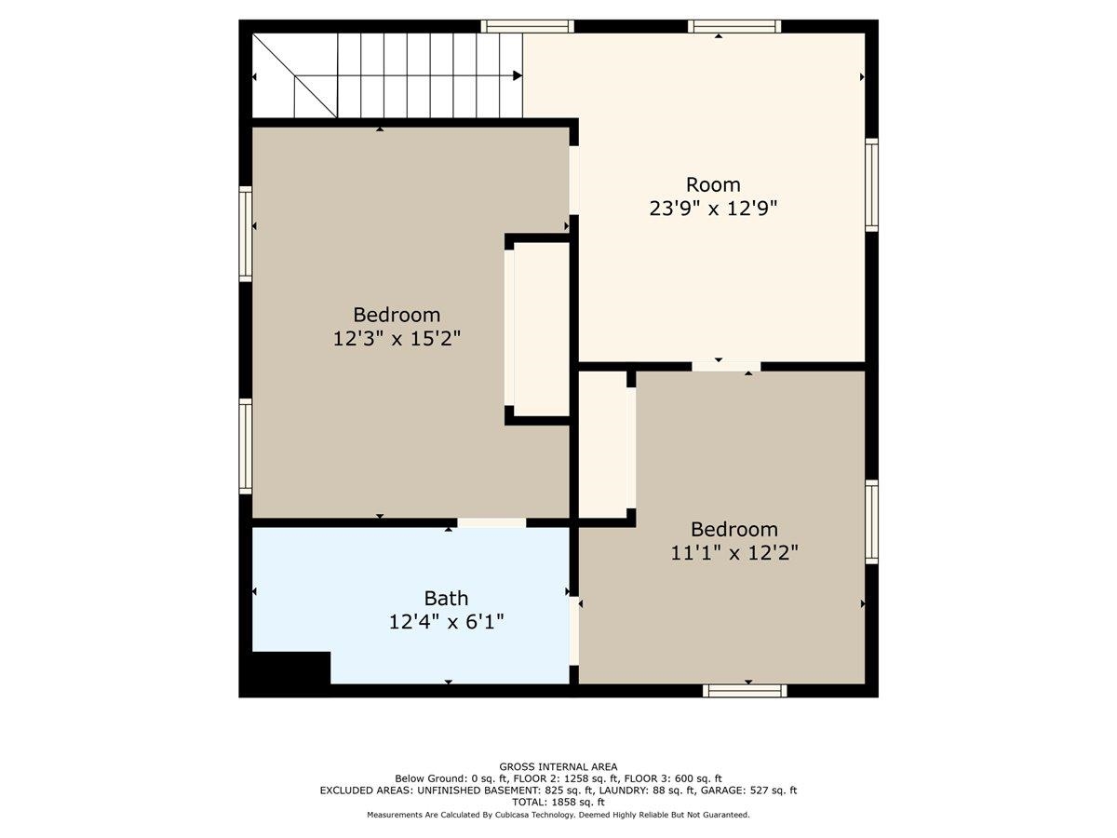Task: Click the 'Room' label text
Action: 712,184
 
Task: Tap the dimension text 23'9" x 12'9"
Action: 713,208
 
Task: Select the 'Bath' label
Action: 446,599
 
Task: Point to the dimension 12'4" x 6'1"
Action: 446,622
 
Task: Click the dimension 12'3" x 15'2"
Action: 397,338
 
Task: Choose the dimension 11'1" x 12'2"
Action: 733,552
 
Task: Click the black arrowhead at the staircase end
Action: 518,75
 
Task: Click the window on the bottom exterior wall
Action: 745,691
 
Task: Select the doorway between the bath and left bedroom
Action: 491,522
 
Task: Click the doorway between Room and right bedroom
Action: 726,366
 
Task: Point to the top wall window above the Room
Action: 734,26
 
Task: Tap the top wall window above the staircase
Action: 527,26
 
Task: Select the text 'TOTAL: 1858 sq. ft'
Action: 558,803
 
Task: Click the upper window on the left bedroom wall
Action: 246,234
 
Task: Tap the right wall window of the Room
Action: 871,185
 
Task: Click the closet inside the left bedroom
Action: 542,330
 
